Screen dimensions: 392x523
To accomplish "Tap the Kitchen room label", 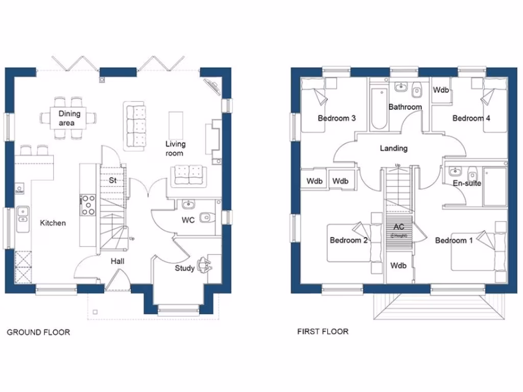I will click(53, 223).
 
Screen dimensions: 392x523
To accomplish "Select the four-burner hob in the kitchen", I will click(88, 205).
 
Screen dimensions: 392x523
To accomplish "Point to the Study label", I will click(184, 268).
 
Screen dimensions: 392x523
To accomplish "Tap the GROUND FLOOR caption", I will click(38, 332).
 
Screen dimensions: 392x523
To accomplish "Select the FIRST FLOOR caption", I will click(323, 332).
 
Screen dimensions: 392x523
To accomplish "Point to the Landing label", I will click(393, 149).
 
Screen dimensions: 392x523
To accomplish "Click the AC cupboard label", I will click(398, 227).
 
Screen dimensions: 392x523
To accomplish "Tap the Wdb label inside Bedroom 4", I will click(441, 90).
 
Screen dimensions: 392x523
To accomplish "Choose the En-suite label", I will click(467, 183).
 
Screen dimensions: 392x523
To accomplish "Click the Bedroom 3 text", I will click(337, 118).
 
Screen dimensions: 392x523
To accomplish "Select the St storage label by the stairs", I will click(113, 180).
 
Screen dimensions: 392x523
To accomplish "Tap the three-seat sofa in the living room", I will click(135, 126).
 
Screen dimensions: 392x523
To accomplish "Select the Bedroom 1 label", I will click(454, 240).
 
